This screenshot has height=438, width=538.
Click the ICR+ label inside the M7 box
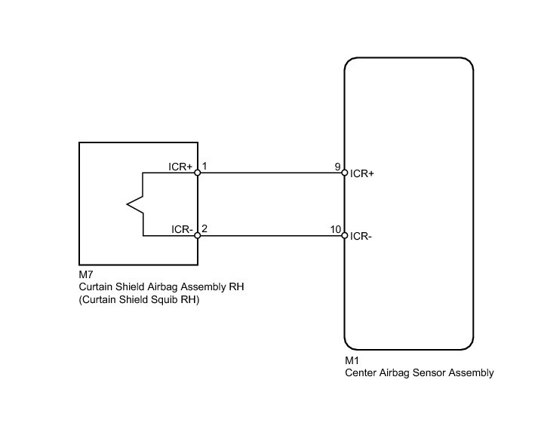coord(180,166)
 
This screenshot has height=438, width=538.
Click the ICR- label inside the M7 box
coord(181,228)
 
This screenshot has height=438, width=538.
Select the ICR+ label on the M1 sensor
coord(363,173)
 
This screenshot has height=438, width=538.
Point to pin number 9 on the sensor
coord(337,166)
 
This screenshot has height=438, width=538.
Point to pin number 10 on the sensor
coord(335,228)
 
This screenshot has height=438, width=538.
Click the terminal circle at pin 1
coord(198,173)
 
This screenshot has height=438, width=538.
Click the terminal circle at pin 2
coord(198,236)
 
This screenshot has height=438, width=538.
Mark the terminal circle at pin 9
coord(344,173)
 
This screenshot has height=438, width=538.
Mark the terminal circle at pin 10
coord(344,236)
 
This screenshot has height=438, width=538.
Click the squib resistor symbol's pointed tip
coord(128,204)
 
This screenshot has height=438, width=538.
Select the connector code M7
coord(86,276)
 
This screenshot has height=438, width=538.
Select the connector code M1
coord(351,361)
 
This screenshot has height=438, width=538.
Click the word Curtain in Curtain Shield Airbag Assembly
coord(96,287)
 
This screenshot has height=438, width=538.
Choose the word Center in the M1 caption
coord(360,372)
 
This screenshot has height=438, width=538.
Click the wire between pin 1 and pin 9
coord(271,173)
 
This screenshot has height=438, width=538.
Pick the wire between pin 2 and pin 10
coord(271,236)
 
